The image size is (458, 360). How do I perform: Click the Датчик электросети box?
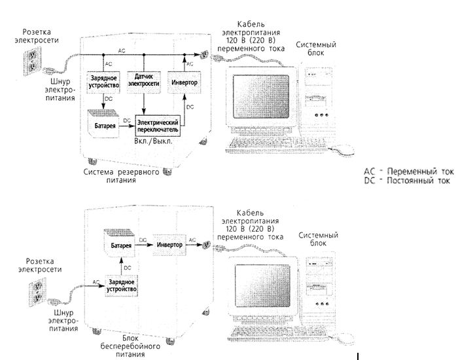pos(144,82)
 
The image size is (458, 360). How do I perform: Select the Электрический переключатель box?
pos(158,126)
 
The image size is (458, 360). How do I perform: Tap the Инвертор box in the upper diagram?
pos(185,82)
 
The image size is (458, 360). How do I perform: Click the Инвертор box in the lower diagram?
pos(169,245)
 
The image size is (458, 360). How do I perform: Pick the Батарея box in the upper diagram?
pos(103,124)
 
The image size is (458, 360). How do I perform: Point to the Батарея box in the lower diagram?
pos(120,243)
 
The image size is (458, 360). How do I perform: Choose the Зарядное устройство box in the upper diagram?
pos(103,82)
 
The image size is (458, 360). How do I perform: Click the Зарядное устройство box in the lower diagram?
pos(121,286)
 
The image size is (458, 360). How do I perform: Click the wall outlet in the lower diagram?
pos(36,292)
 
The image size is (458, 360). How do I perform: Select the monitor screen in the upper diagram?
pos(261,96)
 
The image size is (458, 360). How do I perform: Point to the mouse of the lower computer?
pos(345,339)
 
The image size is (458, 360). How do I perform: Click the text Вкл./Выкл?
pos(153,141)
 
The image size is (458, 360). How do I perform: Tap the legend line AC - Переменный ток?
pos(409,171)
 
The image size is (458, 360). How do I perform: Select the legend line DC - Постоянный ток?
pos(407,181)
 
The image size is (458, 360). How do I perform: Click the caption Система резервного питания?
pos(121,176)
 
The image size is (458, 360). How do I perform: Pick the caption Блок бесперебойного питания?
pos(130,346)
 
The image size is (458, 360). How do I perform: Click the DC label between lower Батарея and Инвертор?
pos(143,240)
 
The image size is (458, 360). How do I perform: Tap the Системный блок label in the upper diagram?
pos(316,48)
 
